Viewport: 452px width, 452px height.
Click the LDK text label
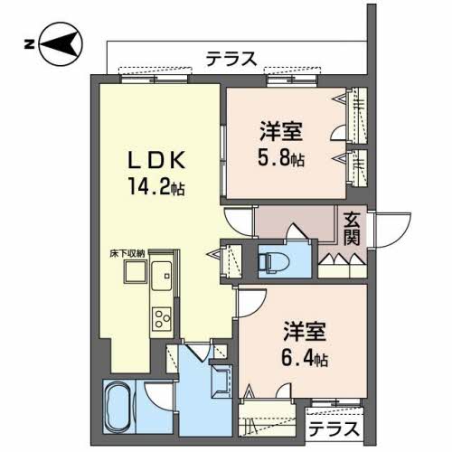tap(155, 160)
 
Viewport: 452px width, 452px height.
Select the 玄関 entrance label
tap(353, 227)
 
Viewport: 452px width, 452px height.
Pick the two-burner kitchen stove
tap(163, 318)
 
